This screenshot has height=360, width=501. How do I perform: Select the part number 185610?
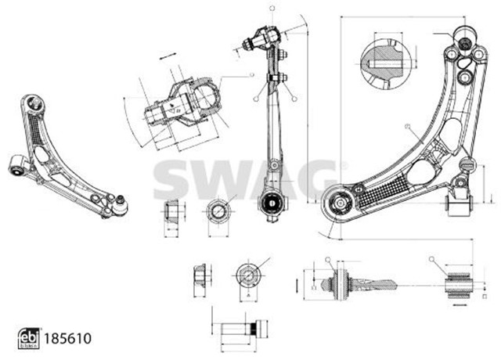(67, 339)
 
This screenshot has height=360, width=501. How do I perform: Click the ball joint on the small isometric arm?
(119, 205)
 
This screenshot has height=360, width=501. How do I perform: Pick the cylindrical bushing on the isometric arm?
(18, 165)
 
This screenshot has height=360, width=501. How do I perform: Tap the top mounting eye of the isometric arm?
(32, 103)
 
